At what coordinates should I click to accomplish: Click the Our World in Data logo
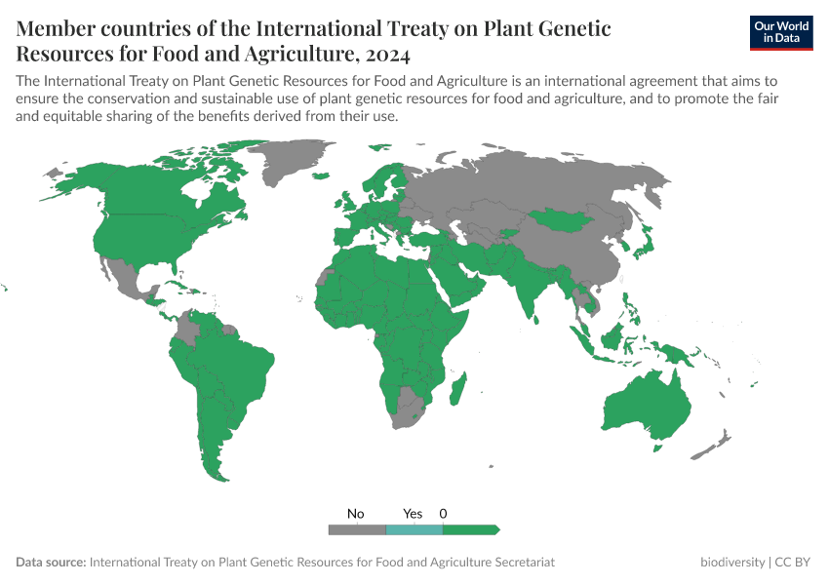780,32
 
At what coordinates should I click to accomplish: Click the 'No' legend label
356,513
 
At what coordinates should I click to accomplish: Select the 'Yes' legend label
413,513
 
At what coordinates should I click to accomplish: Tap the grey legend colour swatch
357,529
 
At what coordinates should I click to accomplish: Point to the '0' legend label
443,513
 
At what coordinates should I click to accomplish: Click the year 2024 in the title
385,53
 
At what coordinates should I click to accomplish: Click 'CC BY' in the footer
793,563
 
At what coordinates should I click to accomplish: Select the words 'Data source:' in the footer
51,563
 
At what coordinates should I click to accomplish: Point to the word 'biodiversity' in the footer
732,563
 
